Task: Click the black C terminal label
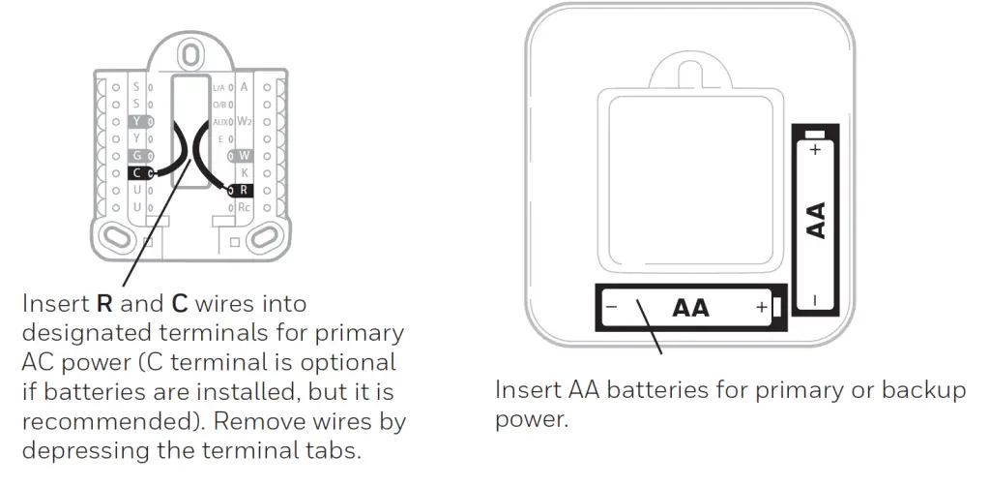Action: tap(137, 172)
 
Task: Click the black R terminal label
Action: tap(245, 190)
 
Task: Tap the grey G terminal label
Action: tap(137, 155)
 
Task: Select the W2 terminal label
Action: tap(246, 121)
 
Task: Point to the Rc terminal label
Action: tap(245, 207)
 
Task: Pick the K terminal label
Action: tap(245, 172)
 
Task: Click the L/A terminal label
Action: tap(218, 87)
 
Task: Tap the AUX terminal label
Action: tap(218, 121)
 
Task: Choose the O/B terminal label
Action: tap(218, 104)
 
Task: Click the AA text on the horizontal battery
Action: tap(690, 308)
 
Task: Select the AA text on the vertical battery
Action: tap(816, 221)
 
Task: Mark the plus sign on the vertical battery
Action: tap(815, 149)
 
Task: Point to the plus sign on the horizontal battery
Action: tap(761, 308)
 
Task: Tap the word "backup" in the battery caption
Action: tap(909, 391)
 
